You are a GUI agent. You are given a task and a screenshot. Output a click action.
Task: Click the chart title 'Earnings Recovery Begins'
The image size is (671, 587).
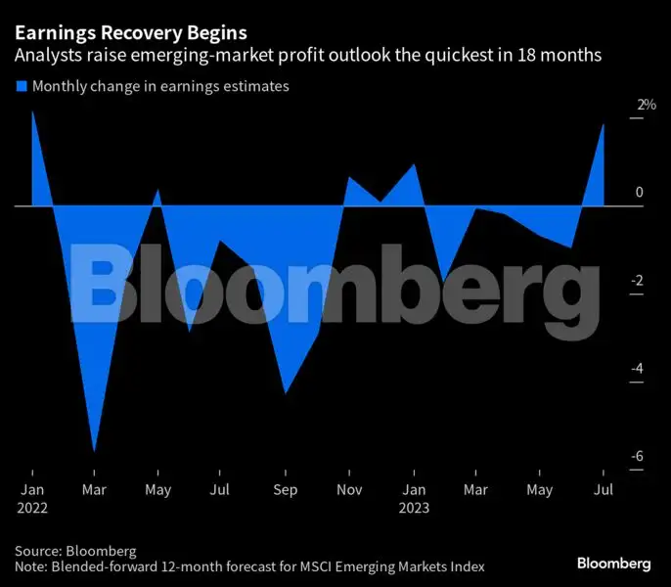click(x=130, y=32)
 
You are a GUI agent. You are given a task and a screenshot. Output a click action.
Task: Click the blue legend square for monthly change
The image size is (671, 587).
click(x=21, y=87)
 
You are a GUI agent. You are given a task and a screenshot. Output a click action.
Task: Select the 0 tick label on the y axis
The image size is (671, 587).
click(x=639, y=193)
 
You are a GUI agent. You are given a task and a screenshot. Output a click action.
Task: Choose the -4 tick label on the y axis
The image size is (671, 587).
click(x=638, y=369)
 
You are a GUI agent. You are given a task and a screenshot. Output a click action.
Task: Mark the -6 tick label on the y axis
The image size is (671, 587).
click(x=638, y=457)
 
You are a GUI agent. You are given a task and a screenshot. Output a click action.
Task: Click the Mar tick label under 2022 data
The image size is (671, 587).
click(x=95, y=489)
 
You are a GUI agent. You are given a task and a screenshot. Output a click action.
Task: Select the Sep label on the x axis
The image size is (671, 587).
click(x=286, y=489)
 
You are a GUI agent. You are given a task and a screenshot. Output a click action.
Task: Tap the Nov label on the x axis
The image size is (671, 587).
click(x=349, y=489)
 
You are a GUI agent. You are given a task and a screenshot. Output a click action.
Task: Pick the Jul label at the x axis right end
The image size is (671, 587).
click(x=604, y=489)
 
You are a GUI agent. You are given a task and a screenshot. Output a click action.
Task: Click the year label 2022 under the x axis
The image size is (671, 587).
click(x=31, y=508)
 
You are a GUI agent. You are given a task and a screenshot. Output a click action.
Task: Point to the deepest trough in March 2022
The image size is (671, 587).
click(x=95, y=450)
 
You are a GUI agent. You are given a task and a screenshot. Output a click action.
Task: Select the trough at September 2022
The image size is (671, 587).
click(x=285, y=393)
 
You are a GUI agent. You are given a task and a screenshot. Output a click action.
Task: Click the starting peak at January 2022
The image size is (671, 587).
click(x=32, y=112)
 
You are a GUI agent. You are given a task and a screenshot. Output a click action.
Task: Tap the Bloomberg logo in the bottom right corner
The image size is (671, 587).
click(x=613, y=563)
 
